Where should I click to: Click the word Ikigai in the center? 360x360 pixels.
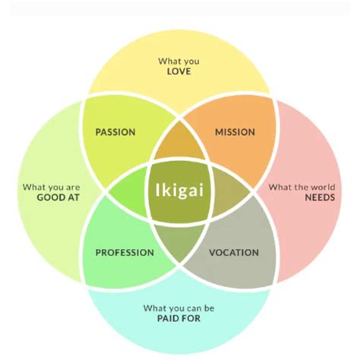tap(180, 189)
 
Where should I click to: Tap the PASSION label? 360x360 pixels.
tap(115, 132)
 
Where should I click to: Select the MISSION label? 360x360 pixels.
tap(235, 132)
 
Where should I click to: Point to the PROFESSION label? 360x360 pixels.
tap(125, 252)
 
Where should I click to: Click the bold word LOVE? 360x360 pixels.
tap(180, 72)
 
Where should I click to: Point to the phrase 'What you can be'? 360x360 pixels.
tap(180, 308)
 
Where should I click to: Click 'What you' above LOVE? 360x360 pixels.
tap(180, 61)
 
